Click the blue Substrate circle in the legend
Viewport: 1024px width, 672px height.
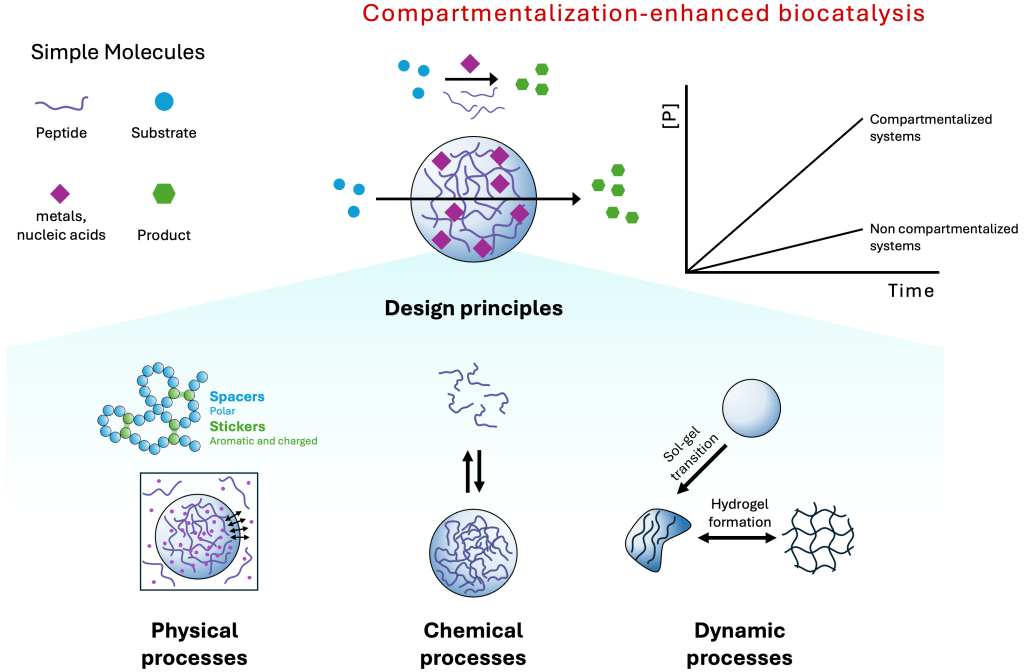[x=164, y=101]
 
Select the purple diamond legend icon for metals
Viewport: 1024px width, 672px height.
[x=60, y=194]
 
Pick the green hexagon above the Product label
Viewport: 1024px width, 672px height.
[x=163, y=194]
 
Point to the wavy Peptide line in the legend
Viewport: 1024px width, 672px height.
[x=62, y=103]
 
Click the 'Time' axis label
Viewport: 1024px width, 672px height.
[x=910, y=291]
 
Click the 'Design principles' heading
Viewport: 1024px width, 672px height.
[x=473, y=308]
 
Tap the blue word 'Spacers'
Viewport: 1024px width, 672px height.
[x=237, y=397]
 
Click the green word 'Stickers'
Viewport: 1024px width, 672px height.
[x=238, y=426]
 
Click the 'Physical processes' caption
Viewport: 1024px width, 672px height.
[x=195, y=643]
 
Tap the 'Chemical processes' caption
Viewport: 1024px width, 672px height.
[x=473, y=643]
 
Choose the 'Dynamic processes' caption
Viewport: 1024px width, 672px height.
[x=740, y=643]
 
